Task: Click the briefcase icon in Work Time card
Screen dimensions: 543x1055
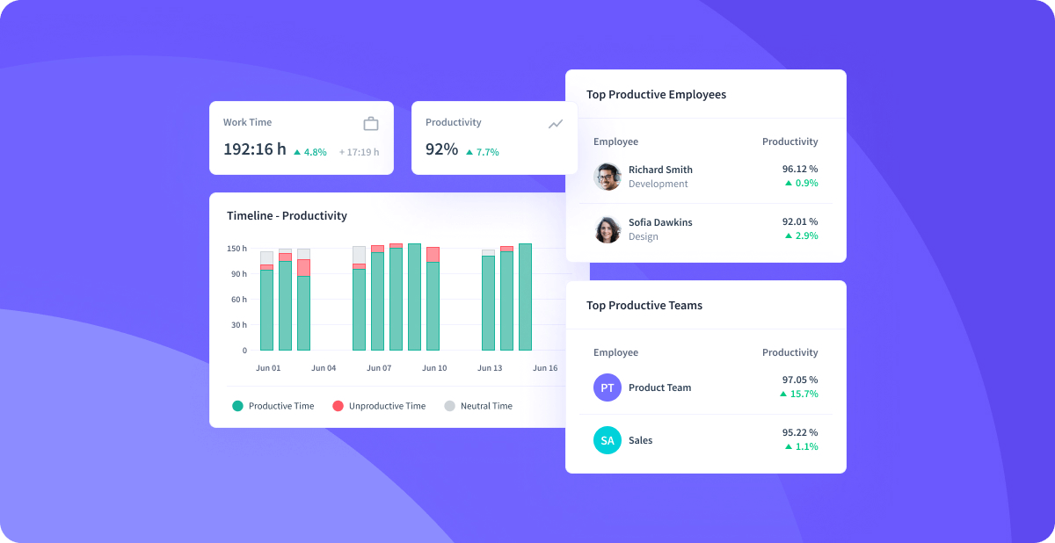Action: click(x=371, y=123)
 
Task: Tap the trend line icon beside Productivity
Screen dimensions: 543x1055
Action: click(x=556, y=124)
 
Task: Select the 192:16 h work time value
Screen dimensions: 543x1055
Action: click(x=254, y=149)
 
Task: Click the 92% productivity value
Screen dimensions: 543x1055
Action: click(x=441, y=149)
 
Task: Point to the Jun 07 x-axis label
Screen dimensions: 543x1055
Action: click(x=379, y=368)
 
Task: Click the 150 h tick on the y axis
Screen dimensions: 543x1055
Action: click(x=236, y=249)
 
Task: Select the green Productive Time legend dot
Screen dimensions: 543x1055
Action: click(x=237, y=406)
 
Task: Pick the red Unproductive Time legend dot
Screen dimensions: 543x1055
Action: click(x=338, y=406)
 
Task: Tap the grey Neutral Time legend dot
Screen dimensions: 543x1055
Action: click(x=449, y=406)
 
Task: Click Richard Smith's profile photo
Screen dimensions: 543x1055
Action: click(x=608, y=177)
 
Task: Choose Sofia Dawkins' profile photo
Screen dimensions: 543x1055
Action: click(x=608, y=229)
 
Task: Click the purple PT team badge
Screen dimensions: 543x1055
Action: click(x=608, y=387)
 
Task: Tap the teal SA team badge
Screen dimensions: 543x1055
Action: click(x=608, y=440)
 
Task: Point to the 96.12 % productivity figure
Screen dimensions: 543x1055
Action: click(x=800, y=169)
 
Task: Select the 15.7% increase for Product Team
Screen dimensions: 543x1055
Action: click(x=799, y=394)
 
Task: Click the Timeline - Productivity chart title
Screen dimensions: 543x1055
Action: click(x=287, y=216)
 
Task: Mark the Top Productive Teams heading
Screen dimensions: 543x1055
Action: click(x=644, y=306)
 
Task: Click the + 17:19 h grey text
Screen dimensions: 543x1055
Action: click(x=359, y=152)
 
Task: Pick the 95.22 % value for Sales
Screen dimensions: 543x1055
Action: click(x=800, y=432)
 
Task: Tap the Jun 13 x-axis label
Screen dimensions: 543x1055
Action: click(x=490, y=368)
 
